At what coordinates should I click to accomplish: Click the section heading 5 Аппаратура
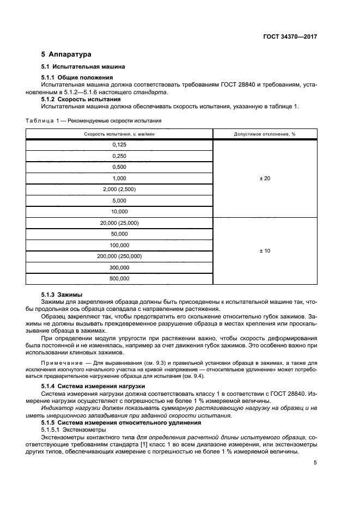point(66,54)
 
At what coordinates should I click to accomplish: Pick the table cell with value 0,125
point(119,145)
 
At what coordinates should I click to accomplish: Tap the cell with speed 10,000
point(119,212)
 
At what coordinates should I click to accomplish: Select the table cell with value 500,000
point(119,279)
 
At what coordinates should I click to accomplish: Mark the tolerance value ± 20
point(264,179)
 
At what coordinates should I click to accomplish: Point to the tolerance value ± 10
point(264,251)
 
